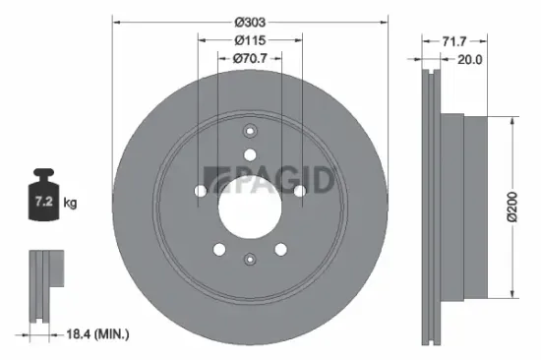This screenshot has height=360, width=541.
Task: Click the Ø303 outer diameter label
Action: pyautogui.click(x=250, y=20)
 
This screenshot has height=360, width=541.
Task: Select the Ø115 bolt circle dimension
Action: pyautogui.click(x=250, y=40)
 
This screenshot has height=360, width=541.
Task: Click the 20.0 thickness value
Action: pyautogui.click(x=470, y=59)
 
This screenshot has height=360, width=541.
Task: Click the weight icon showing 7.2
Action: pyautogui.click(x=44, y=202)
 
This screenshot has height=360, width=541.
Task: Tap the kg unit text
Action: pyautogui.click(x=70, y=203)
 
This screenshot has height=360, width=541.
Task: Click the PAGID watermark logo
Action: pyautogui.click(x=285, y=179)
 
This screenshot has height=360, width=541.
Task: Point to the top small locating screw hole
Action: pyautogui.click(x=250, y=133)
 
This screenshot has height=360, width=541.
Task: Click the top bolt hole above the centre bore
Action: pyautogui.click(x=250, y=154)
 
